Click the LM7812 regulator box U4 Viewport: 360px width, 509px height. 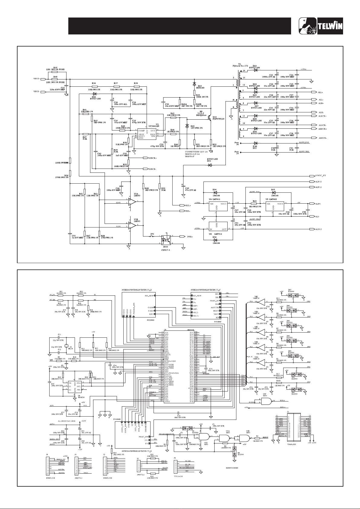pos(218,207)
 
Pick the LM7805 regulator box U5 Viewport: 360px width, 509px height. pos(275,207)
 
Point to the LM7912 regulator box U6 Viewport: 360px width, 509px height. pos(218,226)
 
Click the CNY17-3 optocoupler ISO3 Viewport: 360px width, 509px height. pos(166,240)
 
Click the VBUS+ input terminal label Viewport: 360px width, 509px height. pos(37,79)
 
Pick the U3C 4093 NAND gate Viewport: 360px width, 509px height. pos(266,401)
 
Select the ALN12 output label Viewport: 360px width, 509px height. pos(318,229)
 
